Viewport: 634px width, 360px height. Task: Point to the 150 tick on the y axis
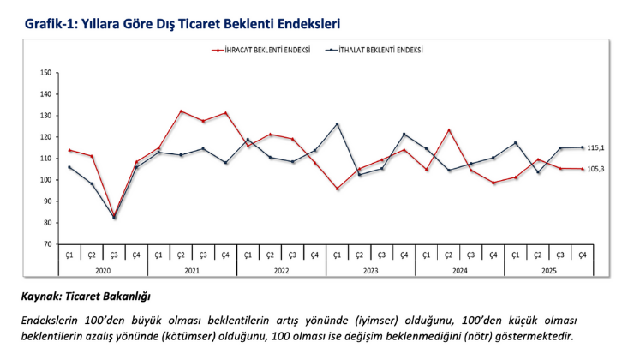point(45,72)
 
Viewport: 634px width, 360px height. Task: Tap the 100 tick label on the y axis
point(45,180)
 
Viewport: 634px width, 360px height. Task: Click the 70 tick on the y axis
point(46,244)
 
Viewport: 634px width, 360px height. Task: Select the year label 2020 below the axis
point(103,271)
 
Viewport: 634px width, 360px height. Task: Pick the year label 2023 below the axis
point(370,271)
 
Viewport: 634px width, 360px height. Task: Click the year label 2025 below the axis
point(548,271)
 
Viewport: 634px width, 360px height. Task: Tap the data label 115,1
point(597,147)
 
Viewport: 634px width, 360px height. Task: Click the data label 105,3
point(597,170)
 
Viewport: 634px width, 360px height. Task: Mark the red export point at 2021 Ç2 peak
point(181,111)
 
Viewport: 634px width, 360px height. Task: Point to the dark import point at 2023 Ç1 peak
point(337,124)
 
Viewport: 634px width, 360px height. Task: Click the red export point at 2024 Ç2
point(449,130)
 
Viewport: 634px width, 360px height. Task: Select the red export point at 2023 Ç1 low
point(337,189)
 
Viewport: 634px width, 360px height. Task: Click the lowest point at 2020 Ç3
point(114,217)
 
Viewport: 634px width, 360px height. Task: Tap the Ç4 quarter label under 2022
point(314,255)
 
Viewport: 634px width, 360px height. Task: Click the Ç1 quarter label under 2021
point(158,255)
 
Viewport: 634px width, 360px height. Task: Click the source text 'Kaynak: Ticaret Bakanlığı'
point(86,297)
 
